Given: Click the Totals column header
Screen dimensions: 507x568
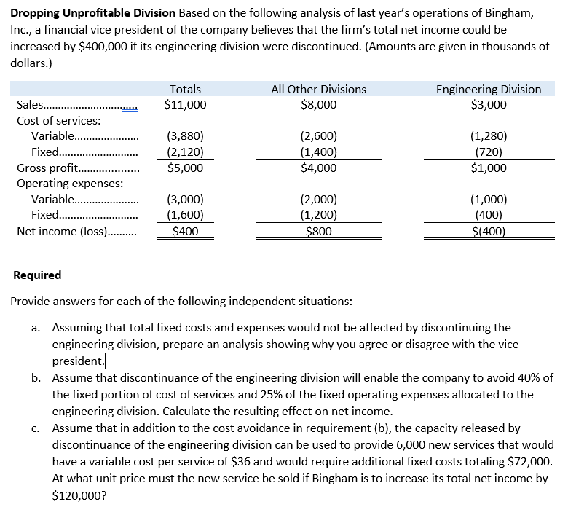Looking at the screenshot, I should click(185, 89).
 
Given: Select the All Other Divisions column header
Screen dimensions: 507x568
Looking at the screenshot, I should click(318, 89).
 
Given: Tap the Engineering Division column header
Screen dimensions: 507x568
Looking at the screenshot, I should click(488, 89).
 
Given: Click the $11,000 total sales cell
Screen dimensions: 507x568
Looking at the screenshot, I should click(185, 104).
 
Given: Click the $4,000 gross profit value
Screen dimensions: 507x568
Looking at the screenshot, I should click(318, 168).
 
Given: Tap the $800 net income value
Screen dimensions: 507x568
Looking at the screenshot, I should click(318, 232).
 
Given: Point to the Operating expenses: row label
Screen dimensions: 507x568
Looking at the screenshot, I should click(69, 184).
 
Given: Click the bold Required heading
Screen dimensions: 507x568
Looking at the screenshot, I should click(38, 275).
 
